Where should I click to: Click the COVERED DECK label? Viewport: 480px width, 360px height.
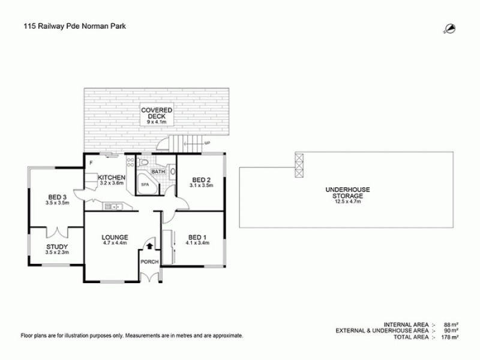[x=157, y=113]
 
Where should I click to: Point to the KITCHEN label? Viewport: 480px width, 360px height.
[x=112, y=178]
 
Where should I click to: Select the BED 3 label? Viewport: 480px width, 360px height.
[x=58, y=199]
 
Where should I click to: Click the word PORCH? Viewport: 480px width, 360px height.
[x=149, y=262]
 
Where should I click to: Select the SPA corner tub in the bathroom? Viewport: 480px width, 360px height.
[x=145, y=184]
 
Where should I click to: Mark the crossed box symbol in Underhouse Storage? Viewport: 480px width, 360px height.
[x=299, y=164]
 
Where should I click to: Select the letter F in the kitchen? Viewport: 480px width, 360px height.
[x=91, y=162]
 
